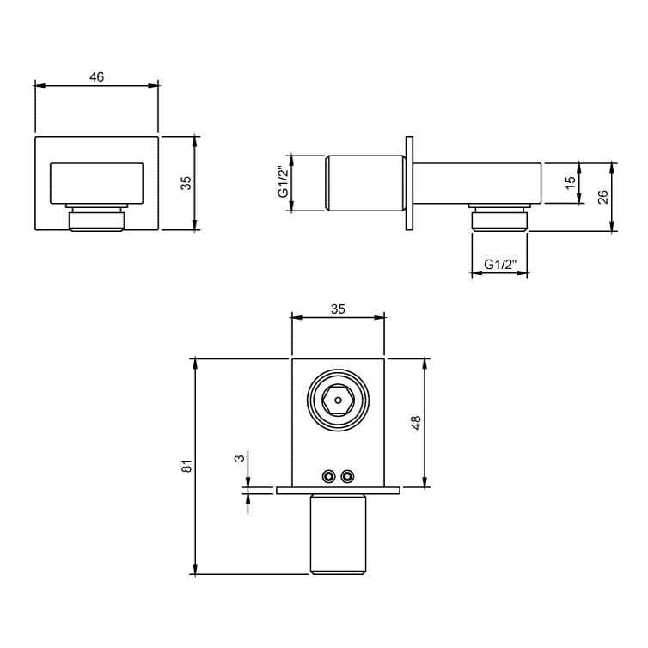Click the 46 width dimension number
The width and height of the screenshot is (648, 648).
point(96,77)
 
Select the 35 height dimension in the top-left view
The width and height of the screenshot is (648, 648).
point(186,183)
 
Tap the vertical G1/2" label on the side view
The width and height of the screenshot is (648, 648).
point(282,183)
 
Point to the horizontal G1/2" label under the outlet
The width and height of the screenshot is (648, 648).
point(499,265)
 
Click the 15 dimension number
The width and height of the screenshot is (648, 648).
point(569,182)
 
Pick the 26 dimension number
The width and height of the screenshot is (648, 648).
point(602,196)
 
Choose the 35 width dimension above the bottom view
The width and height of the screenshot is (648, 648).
point(338,309)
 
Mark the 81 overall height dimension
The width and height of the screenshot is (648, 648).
point(186,465)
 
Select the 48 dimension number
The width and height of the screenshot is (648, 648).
point(416,423)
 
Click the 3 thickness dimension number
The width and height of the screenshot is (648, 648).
point(241,457)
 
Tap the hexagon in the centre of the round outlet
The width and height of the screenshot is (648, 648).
point(338,400)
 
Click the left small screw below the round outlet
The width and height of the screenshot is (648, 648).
point(328,476)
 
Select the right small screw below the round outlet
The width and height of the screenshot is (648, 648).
point(347,476)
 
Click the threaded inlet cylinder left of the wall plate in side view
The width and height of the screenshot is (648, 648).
point(364,183)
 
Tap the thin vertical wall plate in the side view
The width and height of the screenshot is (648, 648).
point(410,183)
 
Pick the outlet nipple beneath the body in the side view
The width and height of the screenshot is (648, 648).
point(498,219)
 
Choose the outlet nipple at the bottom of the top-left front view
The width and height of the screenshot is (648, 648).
point(96,219)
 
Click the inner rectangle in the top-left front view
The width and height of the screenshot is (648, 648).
point(96,183)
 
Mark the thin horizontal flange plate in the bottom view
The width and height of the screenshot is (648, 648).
point(338,491)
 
